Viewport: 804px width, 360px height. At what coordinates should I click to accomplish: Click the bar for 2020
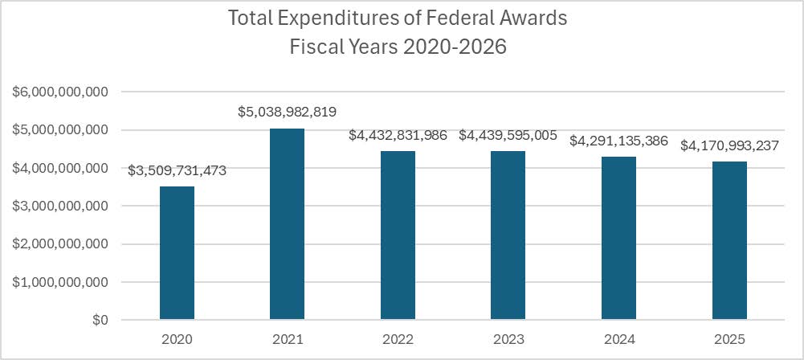pyautogui.click(x=177, y=253)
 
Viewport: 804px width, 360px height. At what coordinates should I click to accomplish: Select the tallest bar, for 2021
pyautogui.click(x=287, y=224)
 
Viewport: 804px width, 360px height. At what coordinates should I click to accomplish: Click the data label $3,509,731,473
pyautogui.click(x=177, y=170)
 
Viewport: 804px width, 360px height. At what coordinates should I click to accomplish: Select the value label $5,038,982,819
pyautogui.click(x=287, y=112)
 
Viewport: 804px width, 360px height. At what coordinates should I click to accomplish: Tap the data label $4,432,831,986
pyautogui.click(x=398, y=135)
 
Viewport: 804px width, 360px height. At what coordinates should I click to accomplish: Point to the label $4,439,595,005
pyautogui.click(x=508, y=135)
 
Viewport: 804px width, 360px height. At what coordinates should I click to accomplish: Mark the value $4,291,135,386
pyautogui.click(x=618, y=141)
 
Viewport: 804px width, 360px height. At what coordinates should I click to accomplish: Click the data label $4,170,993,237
pyautogui.click(x=729, y=145)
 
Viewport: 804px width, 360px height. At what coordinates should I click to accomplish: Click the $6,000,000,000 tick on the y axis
pyautogui.click(x=59, y=92)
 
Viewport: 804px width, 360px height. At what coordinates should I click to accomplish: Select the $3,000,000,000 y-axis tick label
pyautogui.click(x=59, y=207)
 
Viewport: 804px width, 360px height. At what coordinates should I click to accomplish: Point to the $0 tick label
pyautogui.click(x=99, y=321)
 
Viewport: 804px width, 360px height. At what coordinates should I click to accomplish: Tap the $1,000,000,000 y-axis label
pyautogui.click(x=59, y=283)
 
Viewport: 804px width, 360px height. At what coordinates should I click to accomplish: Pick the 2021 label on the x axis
pyautogui.click(x=287, y=340)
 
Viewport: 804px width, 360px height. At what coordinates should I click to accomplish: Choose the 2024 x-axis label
pyautogui.click(x=618, y=340)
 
